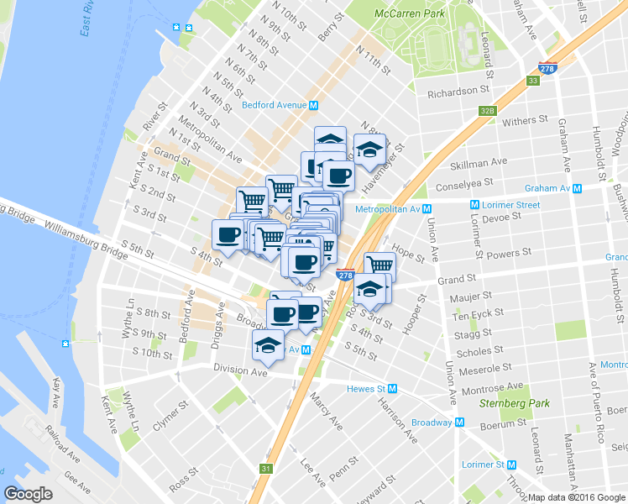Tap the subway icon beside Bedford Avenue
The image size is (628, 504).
313,106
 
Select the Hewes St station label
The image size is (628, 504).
369,389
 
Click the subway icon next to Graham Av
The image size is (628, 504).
579,188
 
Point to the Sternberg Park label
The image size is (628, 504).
514,403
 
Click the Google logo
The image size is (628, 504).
28,493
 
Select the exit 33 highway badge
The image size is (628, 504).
532,81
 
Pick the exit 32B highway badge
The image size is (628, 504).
489,110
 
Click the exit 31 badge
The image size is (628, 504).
266,469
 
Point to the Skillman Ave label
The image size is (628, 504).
479,161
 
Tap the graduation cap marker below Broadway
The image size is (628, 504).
268,345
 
